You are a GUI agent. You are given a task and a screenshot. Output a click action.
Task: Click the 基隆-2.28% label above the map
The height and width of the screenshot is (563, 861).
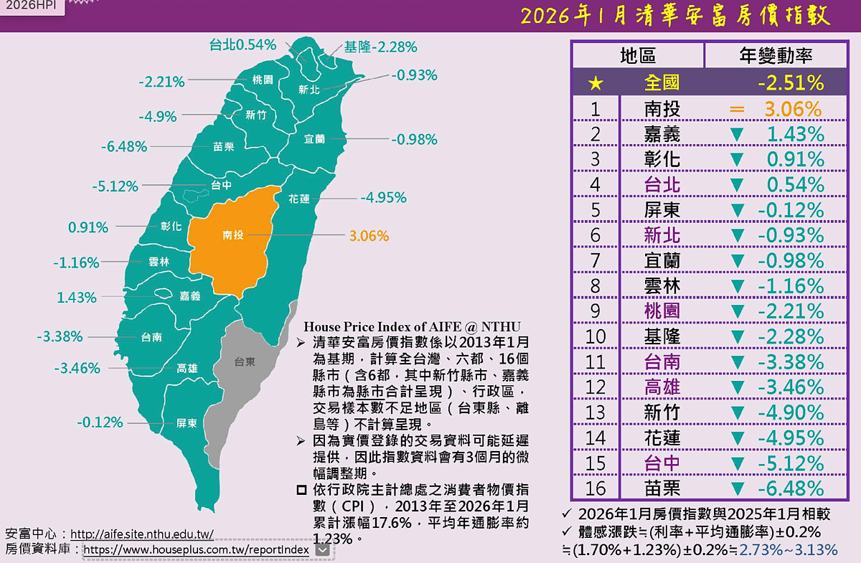click(380, 47)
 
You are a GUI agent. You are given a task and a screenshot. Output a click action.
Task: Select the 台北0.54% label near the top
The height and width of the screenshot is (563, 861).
click(243, 44)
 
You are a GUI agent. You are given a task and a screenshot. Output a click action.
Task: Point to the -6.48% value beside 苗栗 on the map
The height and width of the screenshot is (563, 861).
click(124, 147)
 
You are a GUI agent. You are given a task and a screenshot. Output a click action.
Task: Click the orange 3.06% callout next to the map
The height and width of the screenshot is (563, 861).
click(369, 235)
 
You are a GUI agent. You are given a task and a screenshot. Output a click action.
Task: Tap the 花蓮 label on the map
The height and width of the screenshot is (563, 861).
click(299, 199)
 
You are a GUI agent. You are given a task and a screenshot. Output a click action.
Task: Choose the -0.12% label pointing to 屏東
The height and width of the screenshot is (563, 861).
click(100, 422)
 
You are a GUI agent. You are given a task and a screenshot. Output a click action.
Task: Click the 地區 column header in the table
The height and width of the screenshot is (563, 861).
click(637, 56)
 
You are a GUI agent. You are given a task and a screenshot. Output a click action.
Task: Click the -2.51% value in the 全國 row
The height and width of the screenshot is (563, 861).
click(790, 82)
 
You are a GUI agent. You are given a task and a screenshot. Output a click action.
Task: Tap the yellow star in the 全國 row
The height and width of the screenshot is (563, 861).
click(595, 83)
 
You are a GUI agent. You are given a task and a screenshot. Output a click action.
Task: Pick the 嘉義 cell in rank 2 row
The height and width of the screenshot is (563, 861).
click(662, 134)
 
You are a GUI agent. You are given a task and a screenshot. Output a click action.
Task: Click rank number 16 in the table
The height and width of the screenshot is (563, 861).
click(596, 488)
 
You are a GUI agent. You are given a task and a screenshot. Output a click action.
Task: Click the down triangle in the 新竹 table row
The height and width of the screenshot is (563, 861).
click(736, 413)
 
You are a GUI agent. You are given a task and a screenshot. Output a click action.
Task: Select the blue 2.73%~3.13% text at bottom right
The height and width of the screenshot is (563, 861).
click(788, 550)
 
